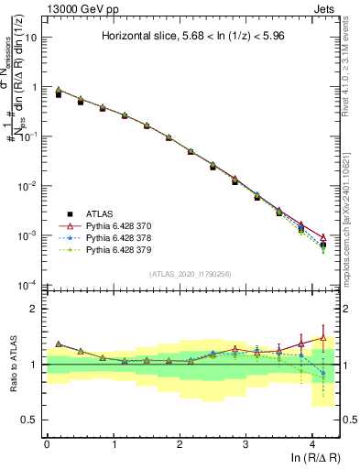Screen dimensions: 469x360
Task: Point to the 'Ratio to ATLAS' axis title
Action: (12, 365)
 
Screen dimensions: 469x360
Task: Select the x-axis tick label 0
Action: (47, 444)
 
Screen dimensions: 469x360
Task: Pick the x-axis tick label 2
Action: (180, 444)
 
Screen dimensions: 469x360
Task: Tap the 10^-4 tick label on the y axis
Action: (28, 285)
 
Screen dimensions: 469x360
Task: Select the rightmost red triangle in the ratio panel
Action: (322, 338)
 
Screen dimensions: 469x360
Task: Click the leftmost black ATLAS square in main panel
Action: (59, 94)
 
